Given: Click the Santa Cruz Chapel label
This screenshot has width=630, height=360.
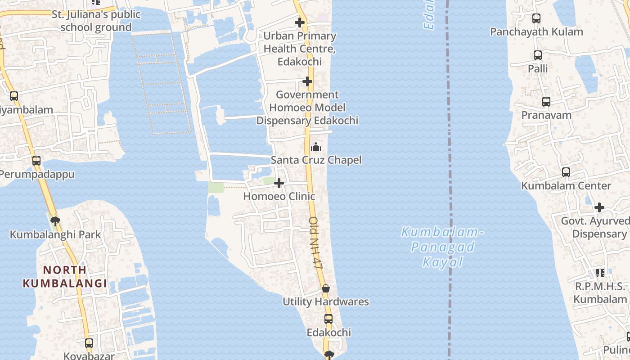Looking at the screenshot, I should (316, 160).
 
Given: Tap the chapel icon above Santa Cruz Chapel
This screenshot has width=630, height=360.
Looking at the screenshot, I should (316, 147).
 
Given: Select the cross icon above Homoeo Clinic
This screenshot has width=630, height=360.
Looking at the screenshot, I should (279, 183).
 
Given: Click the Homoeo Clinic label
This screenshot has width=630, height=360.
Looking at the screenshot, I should (279, 197).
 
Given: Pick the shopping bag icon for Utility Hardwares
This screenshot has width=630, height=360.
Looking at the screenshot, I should (326, 288).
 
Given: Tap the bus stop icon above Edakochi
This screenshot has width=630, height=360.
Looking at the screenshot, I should (328, 319).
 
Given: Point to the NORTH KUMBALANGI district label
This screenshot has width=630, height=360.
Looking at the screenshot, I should (65, 276).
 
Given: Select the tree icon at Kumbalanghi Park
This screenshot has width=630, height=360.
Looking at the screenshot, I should (55, 221).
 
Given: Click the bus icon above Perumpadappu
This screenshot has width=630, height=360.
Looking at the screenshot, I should (36, 160).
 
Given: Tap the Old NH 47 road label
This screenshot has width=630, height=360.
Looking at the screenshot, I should (316, 243).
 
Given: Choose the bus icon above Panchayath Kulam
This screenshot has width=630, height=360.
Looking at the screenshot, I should (536, 18).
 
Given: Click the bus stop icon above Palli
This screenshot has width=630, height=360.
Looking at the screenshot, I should (538, 55).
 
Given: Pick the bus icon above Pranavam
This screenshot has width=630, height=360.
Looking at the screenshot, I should (546, 102).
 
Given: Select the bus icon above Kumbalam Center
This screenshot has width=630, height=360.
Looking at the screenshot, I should (566, 172).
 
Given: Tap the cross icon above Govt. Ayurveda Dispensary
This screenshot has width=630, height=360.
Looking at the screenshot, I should (599, 207).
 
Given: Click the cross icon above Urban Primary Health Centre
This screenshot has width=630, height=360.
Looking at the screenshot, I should (300, 22).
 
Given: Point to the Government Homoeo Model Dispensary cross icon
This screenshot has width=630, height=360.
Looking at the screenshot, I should (307, 81).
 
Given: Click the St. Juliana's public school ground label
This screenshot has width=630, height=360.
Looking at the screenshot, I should (96, 21).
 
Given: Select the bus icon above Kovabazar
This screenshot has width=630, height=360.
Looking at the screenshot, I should (89, 343).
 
